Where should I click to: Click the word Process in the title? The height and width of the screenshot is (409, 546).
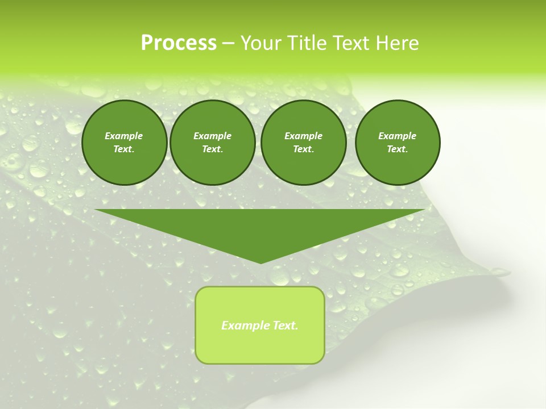179,43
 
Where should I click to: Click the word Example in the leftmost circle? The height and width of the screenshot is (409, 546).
124,136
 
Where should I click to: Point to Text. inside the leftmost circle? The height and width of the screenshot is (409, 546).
124,149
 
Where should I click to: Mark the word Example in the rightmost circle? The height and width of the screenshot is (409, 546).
397,136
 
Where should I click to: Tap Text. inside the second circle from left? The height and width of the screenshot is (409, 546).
213,149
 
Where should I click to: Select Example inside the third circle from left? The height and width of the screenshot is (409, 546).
303,136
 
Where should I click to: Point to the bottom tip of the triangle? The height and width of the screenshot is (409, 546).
260,262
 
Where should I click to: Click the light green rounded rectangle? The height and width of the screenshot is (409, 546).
260,347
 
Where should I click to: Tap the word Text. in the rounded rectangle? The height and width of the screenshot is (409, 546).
286,325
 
